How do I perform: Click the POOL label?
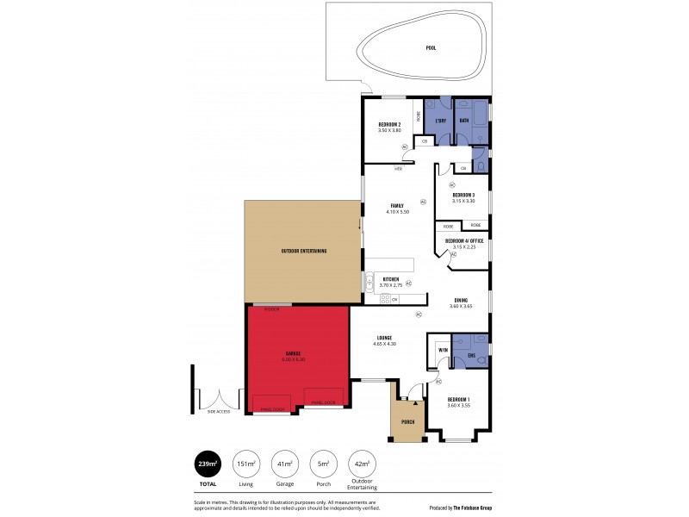(x=431, y=48)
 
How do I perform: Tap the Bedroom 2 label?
(x=389, y=125)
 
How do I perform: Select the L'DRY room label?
(x=440, y=120)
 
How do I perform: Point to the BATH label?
(x=463, y=120)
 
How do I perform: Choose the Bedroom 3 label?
(x=463, y=195)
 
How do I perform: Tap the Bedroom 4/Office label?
(x=463, y=240)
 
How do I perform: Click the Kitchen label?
(x=391, y=280)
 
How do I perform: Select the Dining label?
(x=462, y=301)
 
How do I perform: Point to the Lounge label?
(x=385, y=338)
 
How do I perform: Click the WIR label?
(x=443, y=351)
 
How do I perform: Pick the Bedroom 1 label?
(x=458, y=400)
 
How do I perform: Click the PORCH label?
(x=408, y=421)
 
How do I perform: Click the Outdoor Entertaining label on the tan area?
(x=303, y=251)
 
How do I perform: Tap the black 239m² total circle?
(x=208, y=464)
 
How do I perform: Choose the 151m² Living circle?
(x=246, y=464)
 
